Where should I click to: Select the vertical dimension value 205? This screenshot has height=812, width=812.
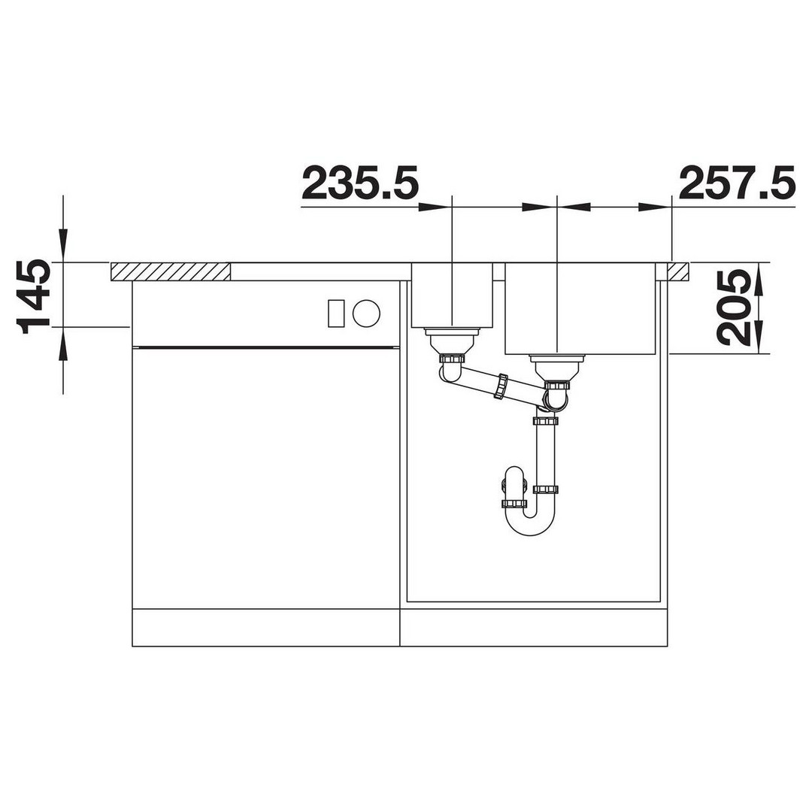click(x=734, y=308)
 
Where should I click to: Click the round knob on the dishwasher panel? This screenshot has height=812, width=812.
click(x=366, y=313)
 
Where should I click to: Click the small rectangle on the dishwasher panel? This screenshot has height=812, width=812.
click(x=336, y=313)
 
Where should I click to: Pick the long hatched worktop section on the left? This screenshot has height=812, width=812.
click(x=171, y=272)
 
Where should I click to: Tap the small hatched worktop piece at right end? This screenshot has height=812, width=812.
click(x=678, y=272)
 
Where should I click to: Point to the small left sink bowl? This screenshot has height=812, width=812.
click(x=452, y=295)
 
